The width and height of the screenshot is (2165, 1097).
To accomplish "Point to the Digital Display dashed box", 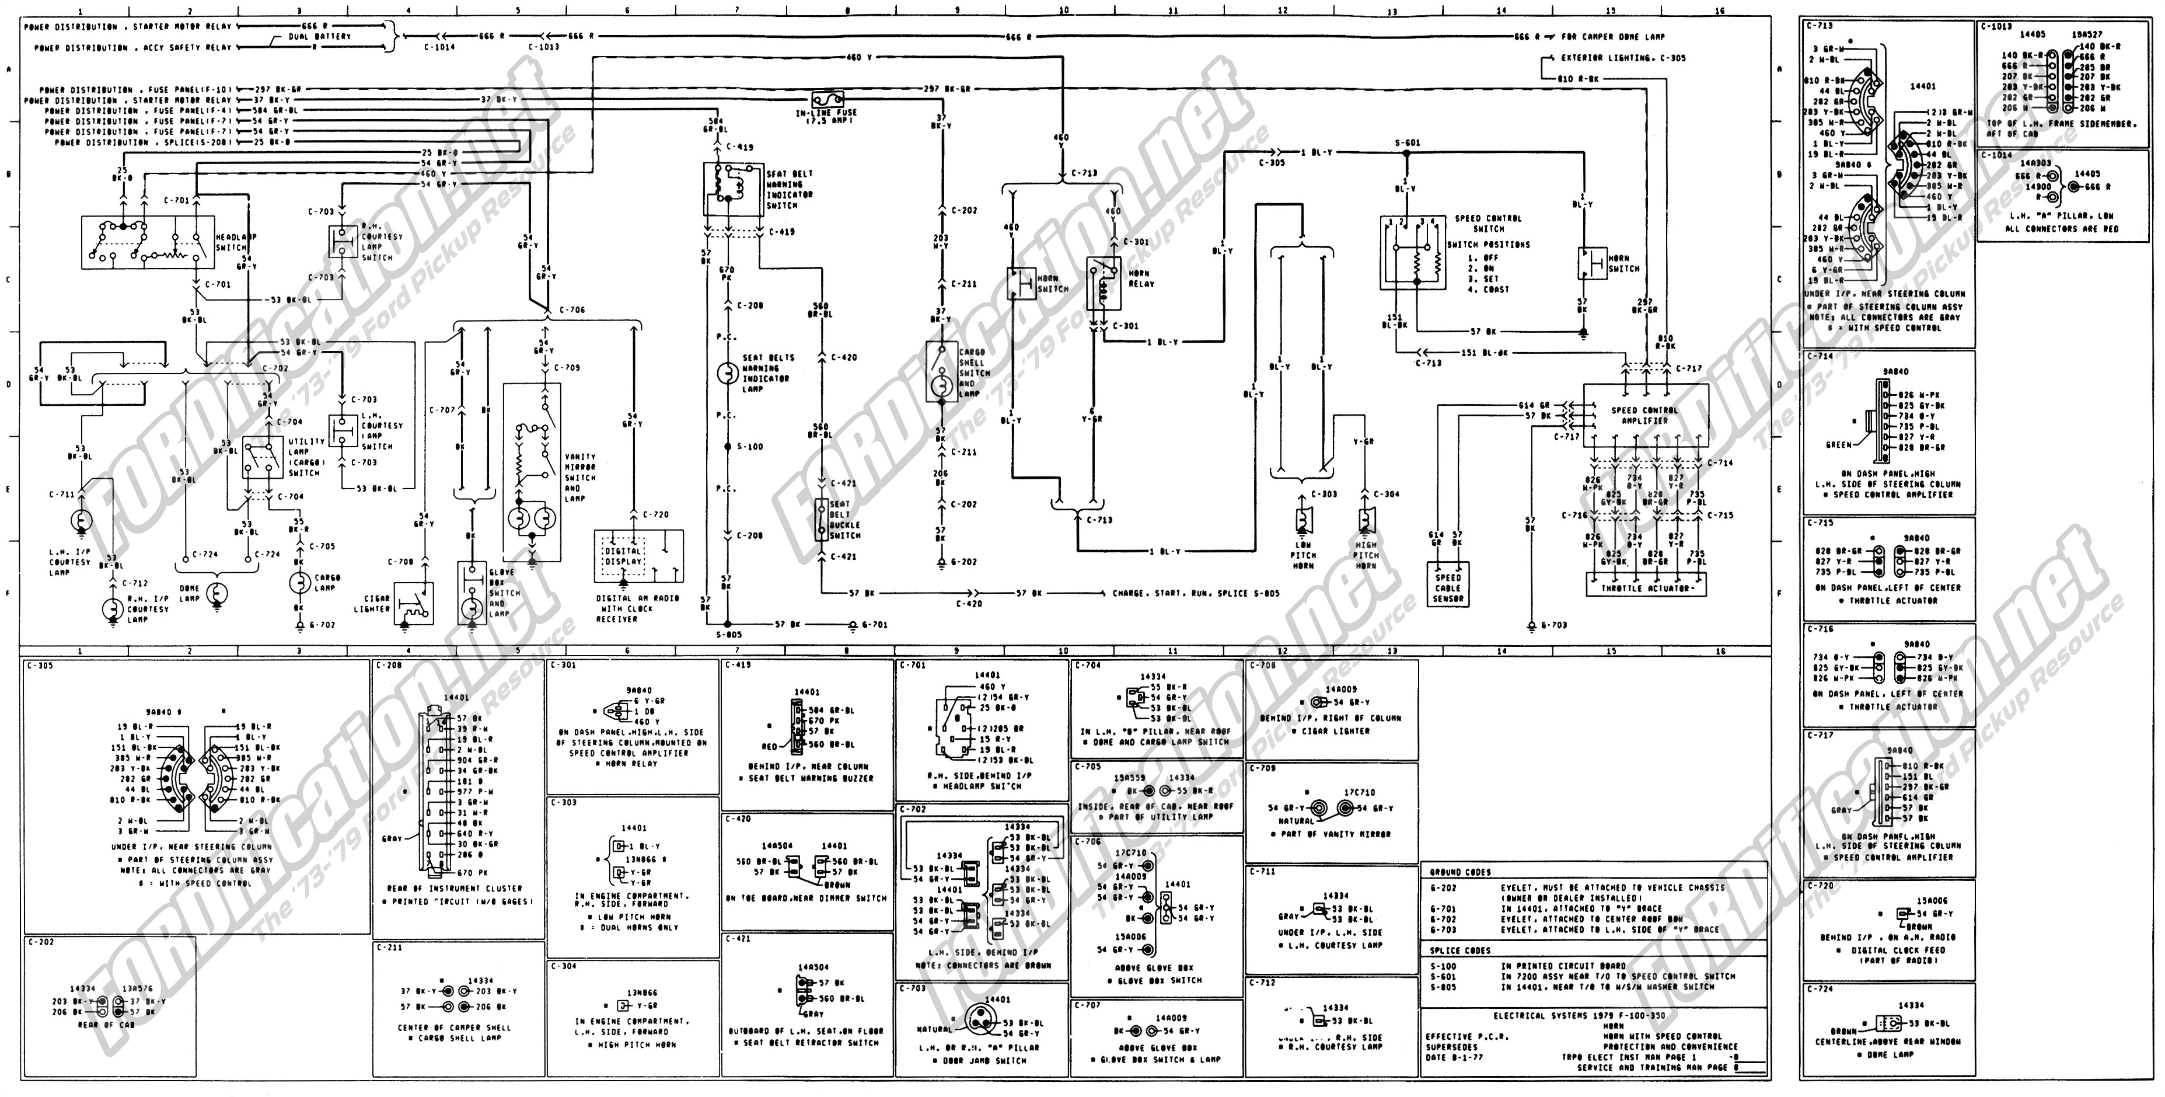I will click(x=623, y=556).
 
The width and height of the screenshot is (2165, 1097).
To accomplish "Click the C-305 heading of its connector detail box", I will click(x=40, y=666).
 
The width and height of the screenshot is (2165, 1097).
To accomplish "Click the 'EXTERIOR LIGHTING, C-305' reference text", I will click(x=1623, y=58).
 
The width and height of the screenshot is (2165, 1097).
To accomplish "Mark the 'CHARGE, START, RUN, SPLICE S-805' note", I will click(x=1195, y=594).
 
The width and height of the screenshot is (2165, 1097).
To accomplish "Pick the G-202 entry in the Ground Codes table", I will click(x=1442, y=887).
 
